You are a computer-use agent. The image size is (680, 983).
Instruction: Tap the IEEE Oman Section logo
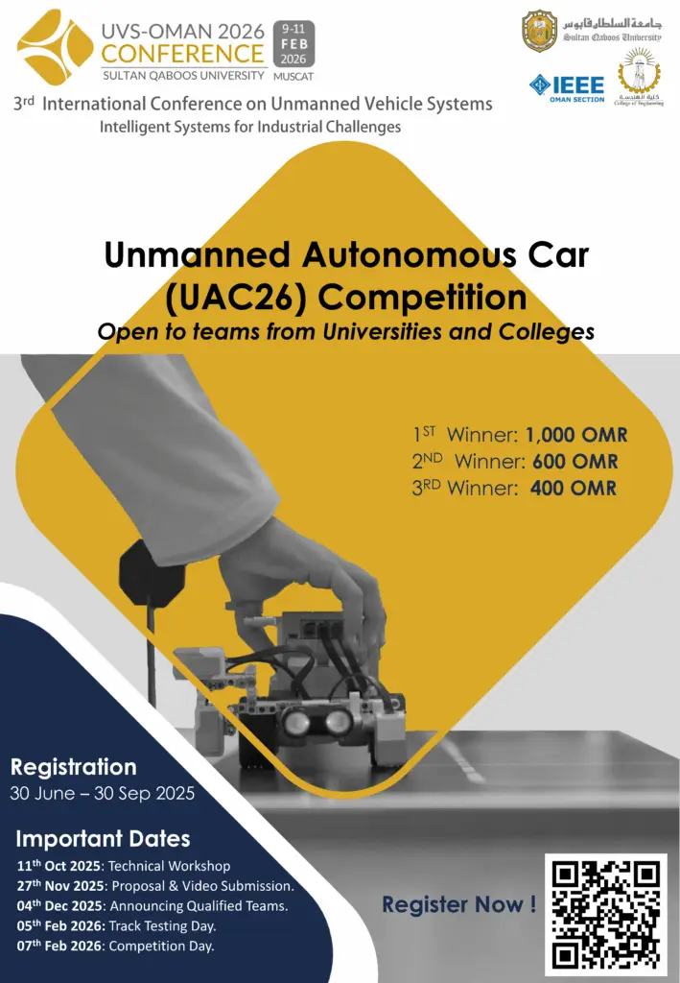(x=567, y=88)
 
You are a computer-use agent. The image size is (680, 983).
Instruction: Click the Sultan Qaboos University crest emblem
(x=539, y=31)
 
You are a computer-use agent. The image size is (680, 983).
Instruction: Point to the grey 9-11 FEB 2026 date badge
(x=293, y=44)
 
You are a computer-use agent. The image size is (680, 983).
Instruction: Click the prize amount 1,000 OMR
(x=576, y=435)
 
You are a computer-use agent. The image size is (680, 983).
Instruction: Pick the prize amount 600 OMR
(x=574, y=462)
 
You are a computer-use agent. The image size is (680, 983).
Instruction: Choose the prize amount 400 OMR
(x=573, y=488)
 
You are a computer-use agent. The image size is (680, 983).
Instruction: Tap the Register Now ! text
(x=459, y=904)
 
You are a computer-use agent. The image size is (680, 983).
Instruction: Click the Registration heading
(x=73, y=767)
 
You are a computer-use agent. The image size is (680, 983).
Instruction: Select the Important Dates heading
(x=103, y=839)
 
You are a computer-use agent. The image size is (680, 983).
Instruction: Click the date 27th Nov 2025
(x=60, y=886)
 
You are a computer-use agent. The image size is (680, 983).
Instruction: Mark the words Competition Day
(x=161, y=946)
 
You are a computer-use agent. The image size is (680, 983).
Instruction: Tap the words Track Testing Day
(x=161, y=926)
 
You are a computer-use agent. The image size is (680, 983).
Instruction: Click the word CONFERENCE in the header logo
(x=182, y=54)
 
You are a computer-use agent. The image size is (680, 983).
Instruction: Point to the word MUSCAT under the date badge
(x=293, y=77)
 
